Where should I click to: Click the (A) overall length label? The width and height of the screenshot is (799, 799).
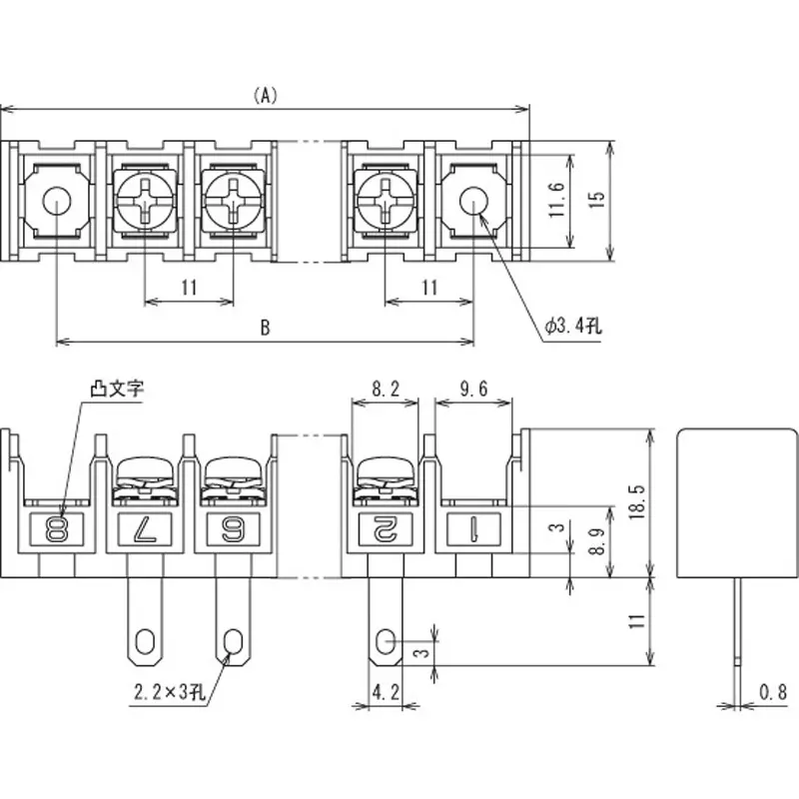pos(265,96)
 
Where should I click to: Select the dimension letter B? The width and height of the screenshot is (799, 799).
pos(265,327)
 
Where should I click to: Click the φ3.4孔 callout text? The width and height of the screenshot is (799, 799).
pos(571,327)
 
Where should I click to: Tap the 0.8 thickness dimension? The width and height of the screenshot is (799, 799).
pos(771,690)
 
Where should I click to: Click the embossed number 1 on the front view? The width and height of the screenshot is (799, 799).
pos(473,529)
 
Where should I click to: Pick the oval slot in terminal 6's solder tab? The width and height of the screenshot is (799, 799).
pos(235,639)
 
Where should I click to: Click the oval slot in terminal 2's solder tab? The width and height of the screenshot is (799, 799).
pos(387,639)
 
